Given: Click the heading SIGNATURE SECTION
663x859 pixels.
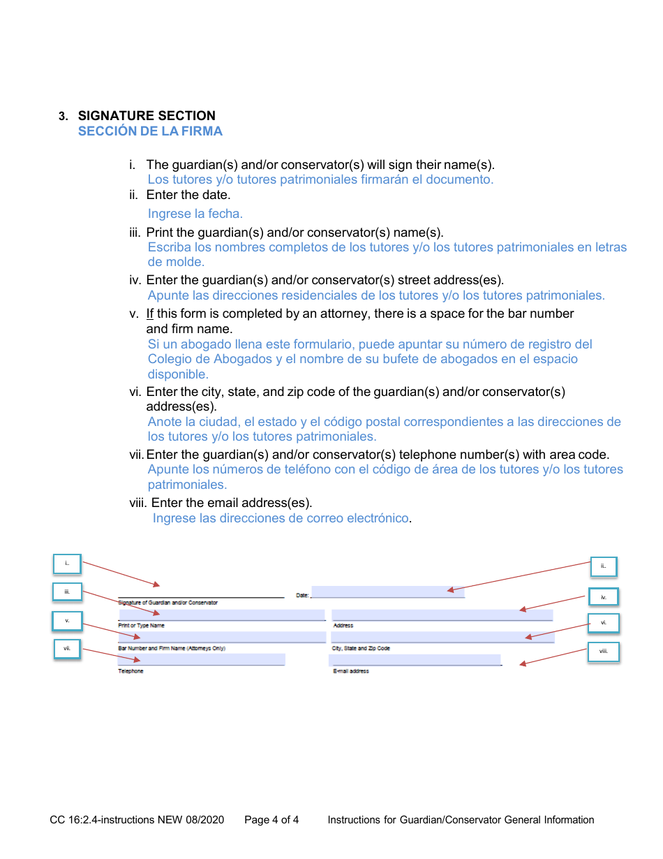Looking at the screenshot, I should coord(147,116).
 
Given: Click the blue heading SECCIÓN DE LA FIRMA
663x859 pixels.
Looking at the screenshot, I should coord(150,131).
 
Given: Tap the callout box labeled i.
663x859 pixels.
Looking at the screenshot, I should coord(68,564).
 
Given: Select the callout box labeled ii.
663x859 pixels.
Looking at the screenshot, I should coord(604,566).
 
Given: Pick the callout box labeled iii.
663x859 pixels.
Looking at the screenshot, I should coord(68,592).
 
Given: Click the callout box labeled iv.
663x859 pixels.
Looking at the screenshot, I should coord(604,597).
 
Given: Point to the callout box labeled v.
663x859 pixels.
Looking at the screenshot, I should coord(68,621).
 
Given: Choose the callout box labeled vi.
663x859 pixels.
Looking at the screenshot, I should coord(604,623).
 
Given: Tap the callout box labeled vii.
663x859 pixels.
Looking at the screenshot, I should coord(68,649).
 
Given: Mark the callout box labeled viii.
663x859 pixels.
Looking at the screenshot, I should coord(604,652).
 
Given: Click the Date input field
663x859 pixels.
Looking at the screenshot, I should coord(387,592).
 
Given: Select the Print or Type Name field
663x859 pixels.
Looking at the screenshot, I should coord(222,615).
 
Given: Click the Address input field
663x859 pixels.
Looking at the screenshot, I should coord(442,615).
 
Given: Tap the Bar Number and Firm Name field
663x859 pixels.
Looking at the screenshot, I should coord(222,637).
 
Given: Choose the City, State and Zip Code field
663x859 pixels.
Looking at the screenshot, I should coord(442,637).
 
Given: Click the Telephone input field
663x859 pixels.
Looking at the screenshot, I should coord(202,659).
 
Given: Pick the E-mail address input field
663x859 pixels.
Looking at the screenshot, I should coord(415,660).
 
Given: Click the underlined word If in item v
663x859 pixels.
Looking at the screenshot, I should coord(150,314).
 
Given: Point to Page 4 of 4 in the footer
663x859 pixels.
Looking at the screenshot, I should coord(271,820).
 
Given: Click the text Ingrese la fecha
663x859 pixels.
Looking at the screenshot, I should coord(195,214).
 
